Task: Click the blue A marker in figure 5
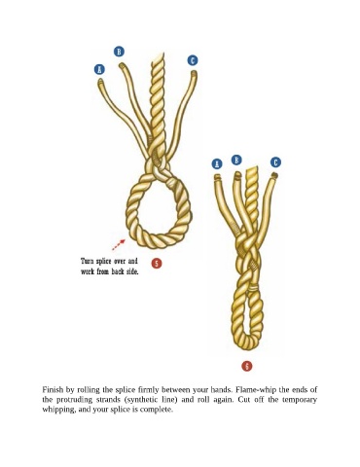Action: (x=99, y=69)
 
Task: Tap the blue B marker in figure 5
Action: (x=119, y=52)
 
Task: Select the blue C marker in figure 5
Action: (x=193, y=60)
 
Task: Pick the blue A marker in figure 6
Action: (x=217, y=163)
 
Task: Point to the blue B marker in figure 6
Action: (x=236, y=160)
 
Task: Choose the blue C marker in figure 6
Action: (x=275, y=162)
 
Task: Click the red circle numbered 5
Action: (x=157, y=264)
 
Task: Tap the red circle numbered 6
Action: (x=247, y=366)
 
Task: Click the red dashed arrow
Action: (x=119, y=245)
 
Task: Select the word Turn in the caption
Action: (x=88, y=261)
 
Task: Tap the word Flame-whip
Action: (x=256, y=389)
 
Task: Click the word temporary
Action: (x=300, y=399)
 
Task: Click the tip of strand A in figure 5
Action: (x=100, y=81)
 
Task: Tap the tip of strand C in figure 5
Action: (x=194, y=72)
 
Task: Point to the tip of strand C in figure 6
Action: (x=274, y=175)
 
